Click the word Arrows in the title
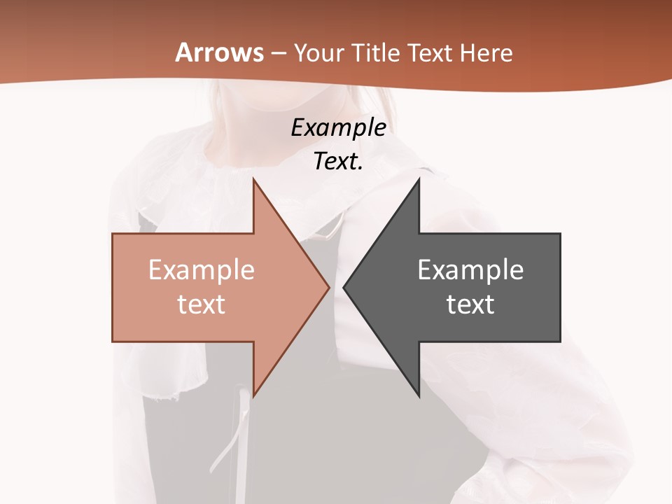point(220,52)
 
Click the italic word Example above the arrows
point(339,128)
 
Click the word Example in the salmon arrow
point(202,270)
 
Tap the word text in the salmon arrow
point(202,304)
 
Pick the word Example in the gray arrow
point(470,270)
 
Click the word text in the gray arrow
point(470,304)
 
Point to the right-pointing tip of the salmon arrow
point(329,287)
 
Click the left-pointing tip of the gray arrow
point(344,287)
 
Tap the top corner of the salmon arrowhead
point(253,179)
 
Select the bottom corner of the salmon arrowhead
point(253,396)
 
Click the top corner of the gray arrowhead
point(419,179)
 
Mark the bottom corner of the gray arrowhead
point(419,396)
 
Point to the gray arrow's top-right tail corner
point(560,234)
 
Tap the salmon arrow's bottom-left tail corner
point(113,342)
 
